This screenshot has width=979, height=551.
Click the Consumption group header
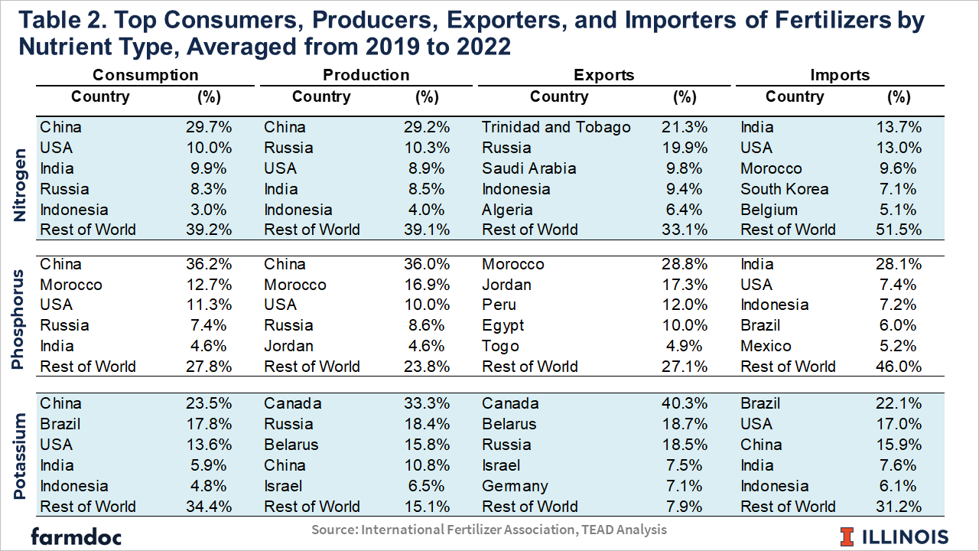tap(145, 75)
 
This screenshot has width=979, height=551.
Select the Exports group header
tap(604, 75)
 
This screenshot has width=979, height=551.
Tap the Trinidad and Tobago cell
tap(556, 127)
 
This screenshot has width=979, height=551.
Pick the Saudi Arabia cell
tap(529, 168)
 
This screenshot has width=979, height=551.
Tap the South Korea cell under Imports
tap(784, 189)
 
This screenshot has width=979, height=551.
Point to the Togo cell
tap(500, 346)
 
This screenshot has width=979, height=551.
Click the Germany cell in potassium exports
tap(515, 486)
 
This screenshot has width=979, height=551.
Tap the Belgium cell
tap(769, 210)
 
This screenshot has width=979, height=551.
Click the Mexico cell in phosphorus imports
tap(766, 346)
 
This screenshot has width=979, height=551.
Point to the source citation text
tap(489, 530)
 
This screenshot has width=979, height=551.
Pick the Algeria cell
tap(507, 210)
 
